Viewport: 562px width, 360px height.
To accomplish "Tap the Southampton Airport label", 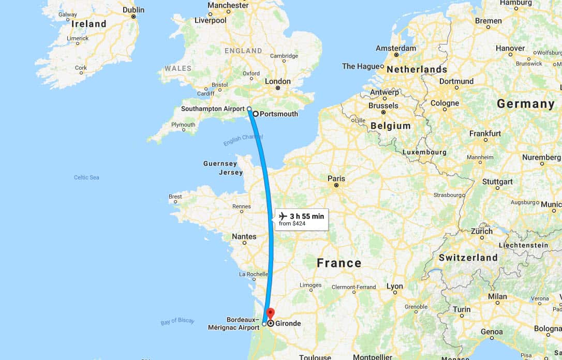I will [x=213, y=109].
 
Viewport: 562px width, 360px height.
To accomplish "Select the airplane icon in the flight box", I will [x=283, y=216].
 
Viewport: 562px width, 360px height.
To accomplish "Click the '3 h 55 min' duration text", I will [x=307, y=216].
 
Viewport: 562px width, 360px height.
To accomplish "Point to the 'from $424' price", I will [x=292, y=224].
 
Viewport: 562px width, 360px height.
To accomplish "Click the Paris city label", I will [x=336, y=178].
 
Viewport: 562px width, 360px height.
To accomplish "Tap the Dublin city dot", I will [x=133, y=17].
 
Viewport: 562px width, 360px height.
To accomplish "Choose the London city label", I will [x=278, y=81].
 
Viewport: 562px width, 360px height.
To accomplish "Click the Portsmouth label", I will [x=278, y=114].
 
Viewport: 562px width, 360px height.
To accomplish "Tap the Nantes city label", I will [x=244, y=236].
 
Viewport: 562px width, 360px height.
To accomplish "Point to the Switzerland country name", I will [x=468, y=257].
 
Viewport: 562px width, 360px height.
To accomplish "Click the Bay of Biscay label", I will [x=178, y=321].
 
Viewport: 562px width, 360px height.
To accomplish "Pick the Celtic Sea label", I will [x=86, y=177].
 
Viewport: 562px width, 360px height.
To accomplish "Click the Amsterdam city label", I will [x=396, y=48].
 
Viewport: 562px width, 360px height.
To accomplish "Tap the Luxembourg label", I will [x=424, y=152].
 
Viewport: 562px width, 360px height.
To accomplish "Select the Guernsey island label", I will [x=220, y=163].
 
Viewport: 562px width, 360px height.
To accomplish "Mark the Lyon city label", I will [x=394, y=286].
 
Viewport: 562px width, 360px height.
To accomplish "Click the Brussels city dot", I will [x=383, y=112].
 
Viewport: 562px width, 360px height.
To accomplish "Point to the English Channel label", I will [x=243, y=140].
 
